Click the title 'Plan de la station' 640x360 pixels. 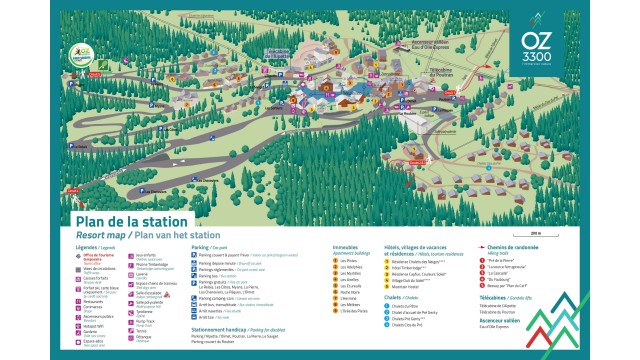[131, 221]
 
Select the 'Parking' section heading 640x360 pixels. [200, 246]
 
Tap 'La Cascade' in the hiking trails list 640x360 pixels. [502, 271]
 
